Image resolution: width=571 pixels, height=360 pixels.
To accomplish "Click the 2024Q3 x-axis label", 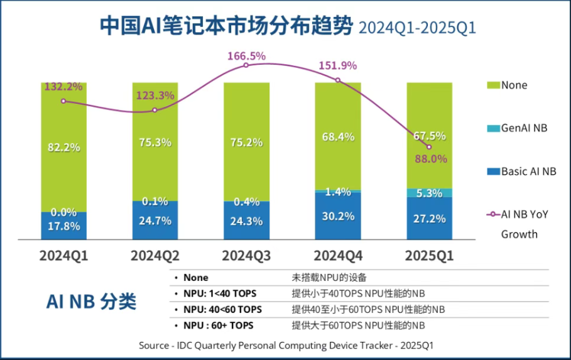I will point(246,256).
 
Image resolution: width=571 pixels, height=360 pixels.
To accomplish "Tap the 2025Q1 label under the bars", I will point(429,256).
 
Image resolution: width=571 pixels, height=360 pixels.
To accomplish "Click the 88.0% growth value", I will point(430,159).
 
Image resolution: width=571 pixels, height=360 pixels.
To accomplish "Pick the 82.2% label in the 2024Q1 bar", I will point(63,148).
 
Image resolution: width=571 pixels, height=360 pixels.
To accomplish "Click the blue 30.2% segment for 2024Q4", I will point(337,216).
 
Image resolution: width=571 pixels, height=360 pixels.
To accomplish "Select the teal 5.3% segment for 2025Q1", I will point(429,193).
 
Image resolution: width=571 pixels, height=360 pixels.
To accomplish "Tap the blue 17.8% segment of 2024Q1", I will point(63,226).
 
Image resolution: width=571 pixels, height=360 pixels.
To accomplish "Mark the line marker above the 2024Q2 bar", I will point(155,110).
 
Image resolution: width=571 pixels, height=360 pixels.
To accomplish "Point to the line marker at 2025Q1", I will point(429,146).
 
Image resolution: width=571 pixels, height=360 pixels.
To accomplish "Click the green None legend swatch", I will point(492,85).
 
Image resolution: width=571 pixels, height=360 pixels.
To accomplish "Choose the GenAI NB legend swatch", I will point(492,128).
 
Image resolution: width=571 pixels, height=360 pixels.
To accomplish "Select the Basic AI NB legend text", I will point(528,171).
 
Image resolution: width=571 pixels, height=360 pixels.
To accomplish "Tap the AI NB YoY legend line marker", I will point(492,214).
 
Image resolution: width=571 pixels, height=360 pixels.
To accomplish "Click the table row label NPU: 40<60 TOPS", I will point(222,310).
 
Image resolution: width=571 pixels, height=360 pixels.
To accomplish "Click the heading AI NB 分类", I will point(91,302).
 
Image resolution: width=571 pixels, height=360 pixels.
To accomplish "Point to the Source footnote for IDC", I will point(286,346).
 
